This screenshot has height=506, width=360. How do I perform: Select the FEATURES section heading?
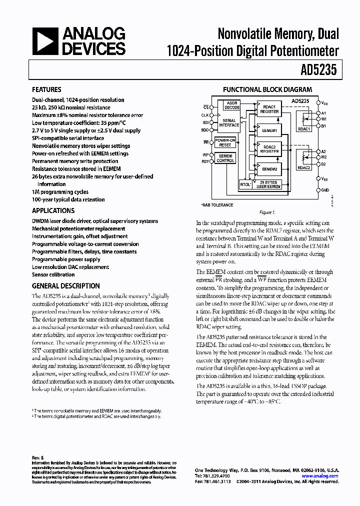(x=47, y=90)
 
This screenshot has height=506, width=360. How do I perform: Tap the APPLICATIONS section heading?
(x=53, y=210)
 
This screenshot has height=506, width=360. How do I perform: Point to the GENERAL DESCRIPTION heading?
(x=65, y=286)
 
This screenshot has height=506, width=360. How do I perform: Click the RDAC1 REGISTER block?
(x=269, y=109)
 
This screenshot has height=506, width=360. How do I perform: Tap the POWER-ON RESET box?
(x=225, y=142)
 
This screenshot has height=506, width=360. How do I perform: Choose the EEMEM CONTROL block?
(x=225, y=158)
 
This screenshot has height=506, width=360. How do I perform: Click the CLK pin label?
(x=205, y=114)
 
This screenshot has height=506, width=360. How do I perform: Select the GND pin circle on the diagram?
(x=319, y=190)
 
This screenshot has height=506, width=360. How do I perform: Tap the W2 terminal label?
(x=324, y=157)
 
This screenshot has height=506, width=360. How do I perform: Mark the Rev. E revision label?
(x=37, y=457)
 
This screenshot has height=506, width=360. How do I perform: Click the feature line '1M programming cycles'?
(x=60, y=192)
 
